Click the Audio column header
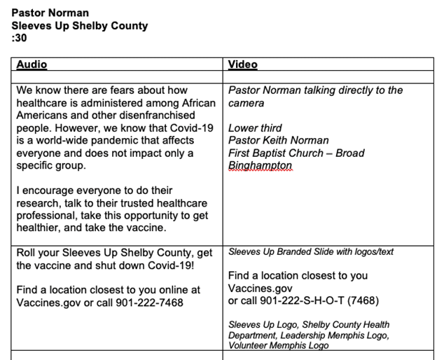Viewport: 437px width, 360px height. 32,64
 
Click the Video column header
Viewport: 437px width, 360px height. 243,64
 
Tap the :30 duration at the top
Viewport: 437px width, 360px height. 18,39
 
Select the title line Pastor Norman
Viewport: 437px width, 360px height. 50,13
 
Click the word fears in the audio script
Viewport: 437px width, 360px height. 144,90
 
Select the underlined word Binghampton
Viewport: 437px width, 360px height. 260,166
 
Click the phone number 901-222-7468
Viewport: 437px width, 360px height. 151,303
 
